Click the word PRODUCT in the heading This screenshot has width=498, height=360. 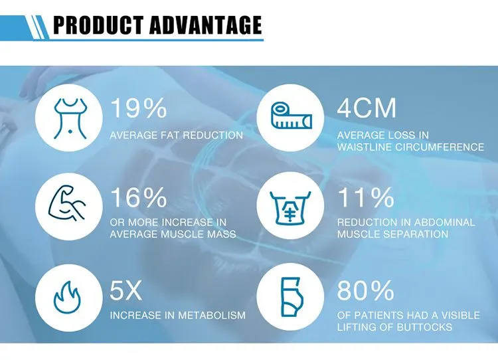coord(98,25)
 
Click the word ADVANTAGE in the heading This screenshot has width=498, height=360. coord(205,25)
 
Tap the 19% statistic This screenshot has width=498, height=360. coord(139,108)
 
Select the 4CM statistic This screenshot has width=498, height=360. coord(367,108)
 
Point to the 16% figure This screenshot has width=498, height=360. coord(139,197)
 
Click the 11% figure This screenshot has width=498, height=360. coord(366,197)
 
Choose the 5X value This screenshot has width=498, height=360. coord(125,290)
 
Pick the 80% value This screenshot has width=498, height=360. coord(366,290)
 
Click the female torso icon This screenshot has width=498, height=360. coord(70,118)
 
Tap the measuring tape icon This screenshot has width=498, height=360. coord(291,115)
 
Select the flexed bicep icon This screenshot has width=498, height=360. coord(67,203)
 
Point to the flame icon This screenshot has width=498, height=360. coord(66,297)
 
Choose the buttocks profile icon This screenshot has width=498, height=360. coord(291,297)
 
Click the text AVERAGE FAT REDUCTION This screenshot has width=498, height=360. coord(177,135)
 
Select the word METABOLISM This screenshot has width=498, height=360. coord(212,315)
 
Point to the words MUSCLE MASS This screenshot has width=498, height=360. coord(198,234)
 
